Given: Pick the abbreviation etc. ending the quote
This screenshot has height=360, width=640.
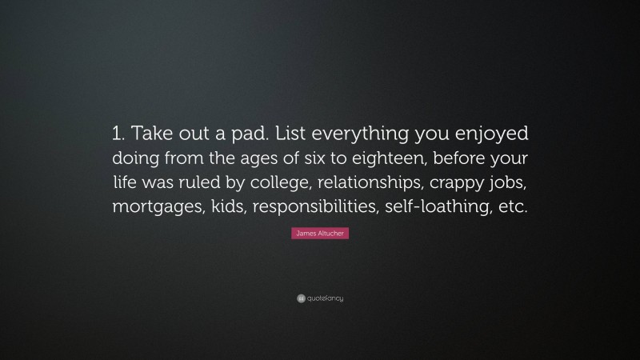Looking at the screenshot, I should [x=514, y=206].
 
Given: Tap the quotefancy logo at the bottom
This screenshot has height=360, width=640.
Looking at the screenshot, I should [x=320, y=298].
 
